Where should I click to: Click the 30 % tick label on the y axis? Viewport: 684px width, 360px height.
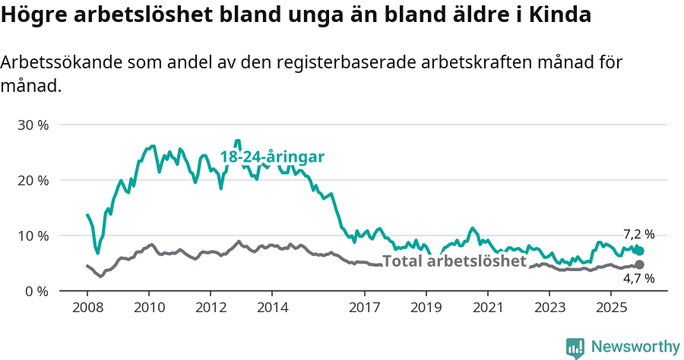[33, 125]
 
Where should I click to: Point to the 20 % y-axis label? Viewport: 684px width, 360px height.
[33, 180]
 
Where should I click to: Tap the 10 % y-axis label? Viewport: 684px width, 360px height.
[33, 235]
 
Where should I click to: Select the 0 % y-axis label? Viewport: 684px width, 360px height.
[36, 291]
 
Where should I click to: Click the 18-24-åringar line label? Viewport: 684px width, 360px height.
[272, 157]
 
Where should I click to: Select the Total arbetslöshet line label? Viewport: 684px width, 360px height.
[454, 261]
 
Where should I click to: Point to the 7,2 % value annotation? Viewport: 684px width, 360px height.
[638, 235]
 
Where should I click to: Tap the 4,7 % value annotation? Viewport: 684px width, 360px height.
[638, 279]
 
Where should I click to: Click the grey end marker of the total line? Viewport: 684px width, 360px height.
[639, 264]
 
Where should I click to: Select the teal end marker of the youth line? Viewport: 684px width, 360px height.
[639, 251]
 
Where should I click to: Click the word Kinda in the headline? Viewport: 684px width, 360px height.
[563, 15]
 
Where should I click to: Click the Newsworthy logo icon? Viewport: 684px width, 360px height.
[575, 347]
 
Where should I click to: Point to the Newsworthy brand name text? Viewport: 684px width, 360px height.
[635, 347]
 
